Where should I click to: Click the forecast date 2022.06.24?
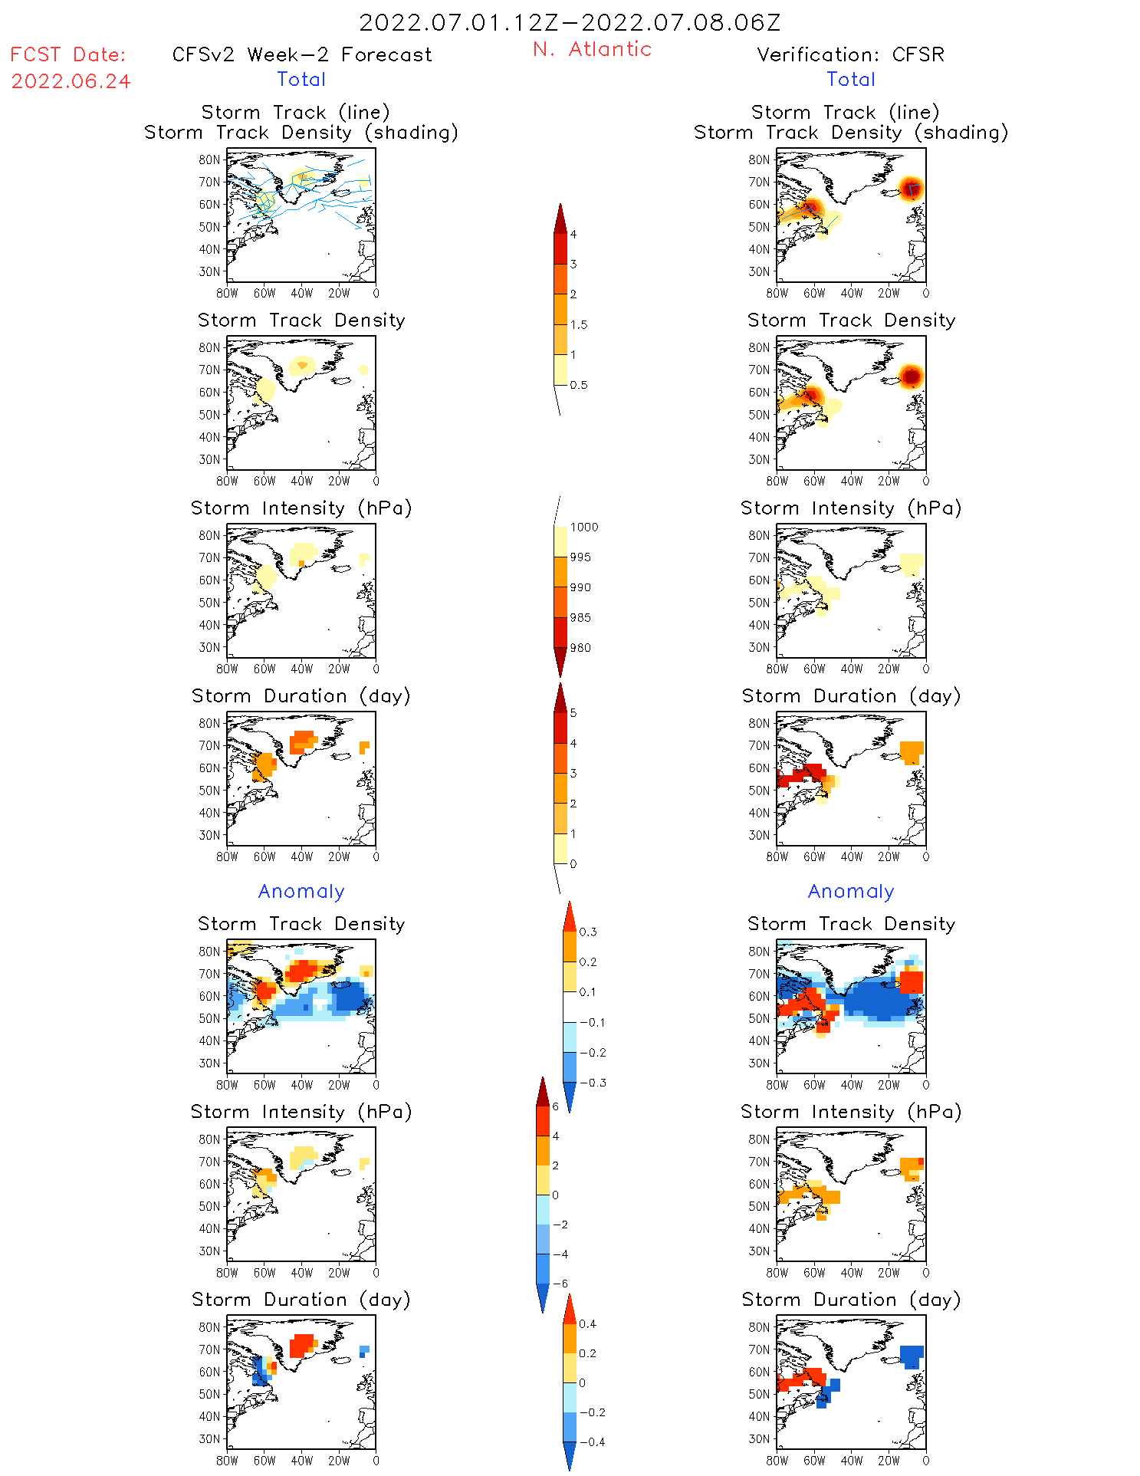click(x=71, y=81)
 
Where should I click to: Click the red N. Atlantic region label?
click(x=592, y=49)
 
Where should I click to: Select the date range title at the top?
click(x=570, y=22)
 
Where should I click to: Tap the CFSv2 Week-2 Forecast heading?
click(x=301, y=54)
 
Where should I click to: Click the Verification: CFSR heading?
click(x=850, y=54)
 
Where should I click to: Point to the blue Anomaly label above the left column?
click(x=301, y=891)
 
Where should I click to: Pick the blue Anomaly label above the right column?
click(x=851, y=891)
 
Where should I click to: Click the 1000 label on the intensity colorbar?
click(x=584, y=527)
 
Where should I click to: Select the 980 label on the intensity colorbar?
click(x=580, y=647)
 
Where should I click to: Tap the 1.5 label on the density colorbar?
click(x=579, y=324)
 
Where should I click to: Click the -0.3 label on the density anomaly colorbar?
click(x=592, y=1083)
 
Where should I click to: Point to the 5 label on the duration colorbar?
click(x=573, y=712)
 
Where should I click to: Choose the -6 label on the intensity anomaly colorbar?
click(x=560, y=1284)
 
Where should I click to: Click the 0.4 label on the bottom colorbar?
click(x=587, y=1323)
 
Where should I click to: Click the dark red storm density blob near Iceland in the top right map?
click(x=911, y=188)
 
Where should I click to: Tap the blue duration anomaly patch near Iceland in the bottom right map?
click(x=911, y=1356)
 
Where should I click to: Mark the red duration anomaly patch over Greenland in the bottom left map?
click(x=303, y=1345)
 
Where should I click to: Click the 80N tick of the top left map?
click(x=209, y=159)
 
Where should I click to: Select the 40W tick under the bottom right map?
click(x=851, y=1461)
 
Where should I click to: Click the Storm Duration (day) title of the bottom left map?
click(x=301, y=1300)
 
